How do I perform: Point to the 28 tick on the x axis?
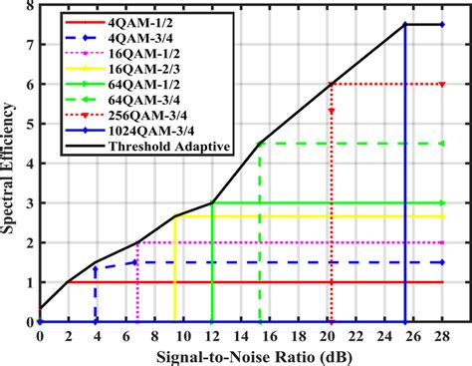pyautogui.click(x=442, y=336)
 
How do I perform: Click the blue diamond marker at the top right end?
pyautogui.click(x=442, y=24)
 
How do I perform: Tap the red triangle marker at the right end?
pyautogui.click(x=442, y=84)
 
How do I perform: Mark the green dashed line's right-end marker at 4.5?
pyautogui.click(x=442, y=144)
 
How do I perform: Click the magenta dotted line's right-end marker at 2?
pyautogui.click(x=442, y=242)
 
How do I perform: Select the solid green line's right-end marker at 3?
pyautogui.click(x=442, y=202)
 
